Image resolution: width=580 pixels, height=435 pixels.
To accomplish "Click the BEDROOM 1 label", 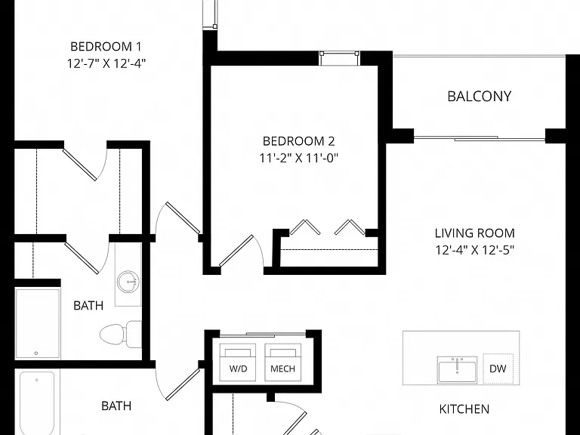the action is pos(106,47).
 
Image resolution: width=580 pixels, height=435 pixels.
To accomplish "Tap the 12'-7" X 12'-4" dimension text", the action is pos(106,63).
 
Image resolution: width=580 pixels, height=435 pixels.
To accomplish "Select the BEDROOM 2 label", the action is pos(298,141).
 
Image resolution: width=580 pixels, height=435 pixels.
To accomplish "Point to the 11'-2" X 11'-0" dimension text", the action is pos(298,158).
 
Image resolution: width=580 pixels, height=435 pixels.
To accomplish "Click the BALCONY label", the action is pos(480,96).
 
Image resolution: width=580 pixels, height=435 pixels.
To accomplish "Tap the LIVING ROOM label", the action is pos(474,233).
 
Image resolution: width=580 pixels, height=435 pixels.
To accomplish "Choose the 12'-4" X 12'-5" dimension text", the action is pos(474,250).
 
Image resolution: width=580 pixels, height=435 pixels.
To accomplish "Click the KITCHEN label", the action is pos(464,409).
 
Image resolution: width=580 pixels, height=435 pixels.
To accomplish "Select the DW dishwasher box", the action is pos(498,369).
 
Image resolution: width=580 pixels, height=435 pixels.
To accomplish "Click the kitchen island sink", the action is pos(457,370).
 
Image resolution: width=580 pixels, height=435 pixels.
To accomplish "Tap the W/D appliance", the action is pos(238,362).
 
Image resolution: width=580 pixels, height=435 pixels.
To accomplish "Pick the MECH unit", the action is pos(282,362).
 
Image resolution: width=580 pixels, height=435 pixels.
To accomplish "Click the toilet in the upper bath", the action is pos(121,334).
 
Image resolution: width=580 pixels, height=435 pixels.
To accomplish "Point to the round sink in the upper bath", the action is pos(128,282).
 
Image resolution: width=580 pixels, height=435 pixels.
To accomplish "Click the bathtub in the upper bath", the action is pos(37,323).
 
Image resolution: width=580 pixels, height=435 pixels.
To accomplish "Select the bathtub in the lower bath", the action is pos(37,403).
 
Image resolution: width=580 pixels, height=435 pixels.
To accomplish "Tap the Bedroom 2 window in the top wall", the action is pos(339,58).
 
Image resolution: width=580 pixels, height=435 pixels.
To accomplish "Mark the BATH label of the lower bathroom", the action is pos(116,406).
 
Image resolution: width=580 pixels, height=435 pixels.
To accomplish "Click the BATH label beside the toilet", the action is pos(88,306).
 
